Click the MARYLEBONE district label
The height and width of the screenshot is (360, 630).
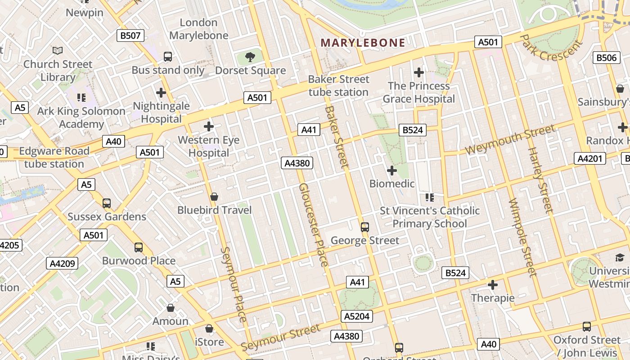click(363, 43)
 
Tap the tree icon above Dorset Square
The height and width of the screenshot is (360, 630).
click(250, 57)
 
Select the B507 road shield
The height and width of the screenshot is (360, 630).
click(130, 36)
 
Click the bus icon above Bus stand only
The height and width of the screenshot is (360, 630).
click(168, 57)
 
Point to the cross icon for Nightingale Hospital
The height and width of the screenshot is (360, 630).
click(161, 93)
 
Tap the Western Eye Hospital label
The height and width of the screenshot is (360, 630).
click(209, 146)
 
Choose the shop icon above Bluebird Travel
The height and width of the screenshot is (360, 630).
click(214, 197)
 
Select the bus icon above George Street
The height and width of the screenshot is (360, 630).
click(365, 227)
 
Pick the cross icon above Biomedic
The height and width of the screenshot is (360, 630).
click(392, 171)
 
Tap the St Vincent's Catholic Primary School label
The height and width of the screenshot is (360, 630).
click(430, 217)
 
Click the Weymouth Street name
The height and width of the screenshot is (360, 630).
click(510, 139)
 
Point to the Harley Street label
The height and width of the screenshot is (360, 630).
click(540, 180)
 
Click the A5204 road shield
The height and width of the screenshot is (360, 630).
click(357, 316)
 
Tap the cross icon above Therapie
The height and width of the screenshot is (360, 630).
click(493, 285)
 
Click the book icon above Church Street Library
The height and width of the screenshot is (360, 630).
click(58, 50)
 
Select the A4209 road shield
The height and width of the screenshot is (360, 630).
click(62, 263)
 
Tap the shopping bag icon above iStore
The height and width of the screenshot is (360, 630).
click(209, 329)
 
